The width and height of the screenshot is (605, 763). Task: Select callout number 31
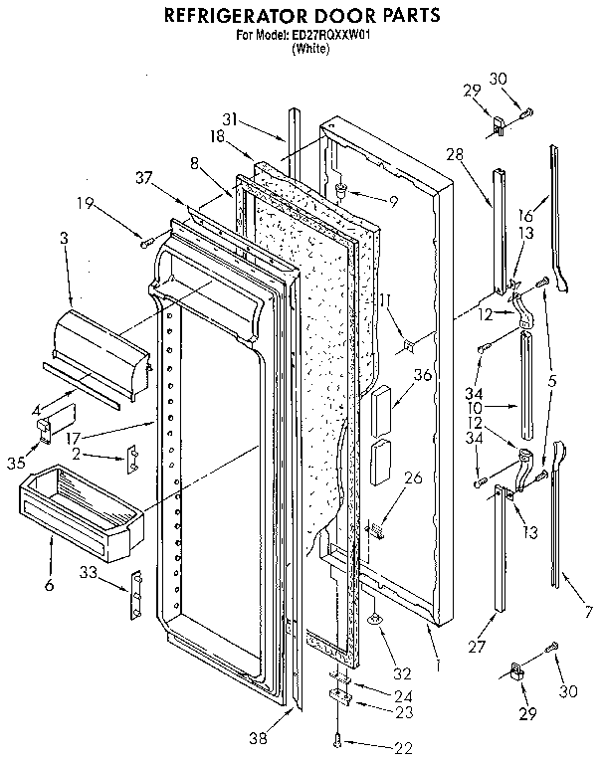pyautogui.click(x=230, y=120)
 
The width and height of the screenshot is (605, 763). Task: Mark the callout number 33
pyautogui.click(x=90, y=571)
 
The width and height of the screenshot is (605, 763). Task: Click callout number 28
pyautogui.click(x=456, y=153)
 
